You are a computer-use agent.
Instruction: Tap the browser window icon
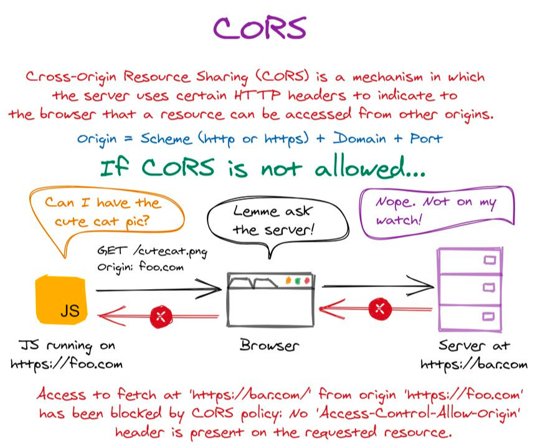pyautogui.click(x=270, y=299)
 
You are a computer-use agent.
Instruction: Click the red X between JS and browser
pyautogui.click(x=161, y=316)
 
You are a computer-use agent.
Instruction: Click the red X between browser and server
pyautogui.click(x=379, y=308)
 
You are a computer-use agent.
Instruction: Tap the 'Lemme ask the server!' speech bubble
pyautogui.click(x=270, y=221)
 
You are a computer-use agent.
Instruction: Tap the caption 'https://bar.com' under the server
pyautogui.click(x=473, y=364)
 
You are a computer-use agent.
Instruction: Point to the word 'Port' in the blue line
pyautogui.click(x=426, y=138)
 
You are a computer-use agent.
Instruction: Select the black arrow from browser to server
pyautogui.click(x=377, y=286)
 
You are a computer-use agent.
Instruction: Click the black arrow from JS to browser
pyautogui.click(x=159, y=289)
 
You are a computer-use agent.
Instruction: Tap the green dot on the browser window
pyautogui.click(x=298, y=281)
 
